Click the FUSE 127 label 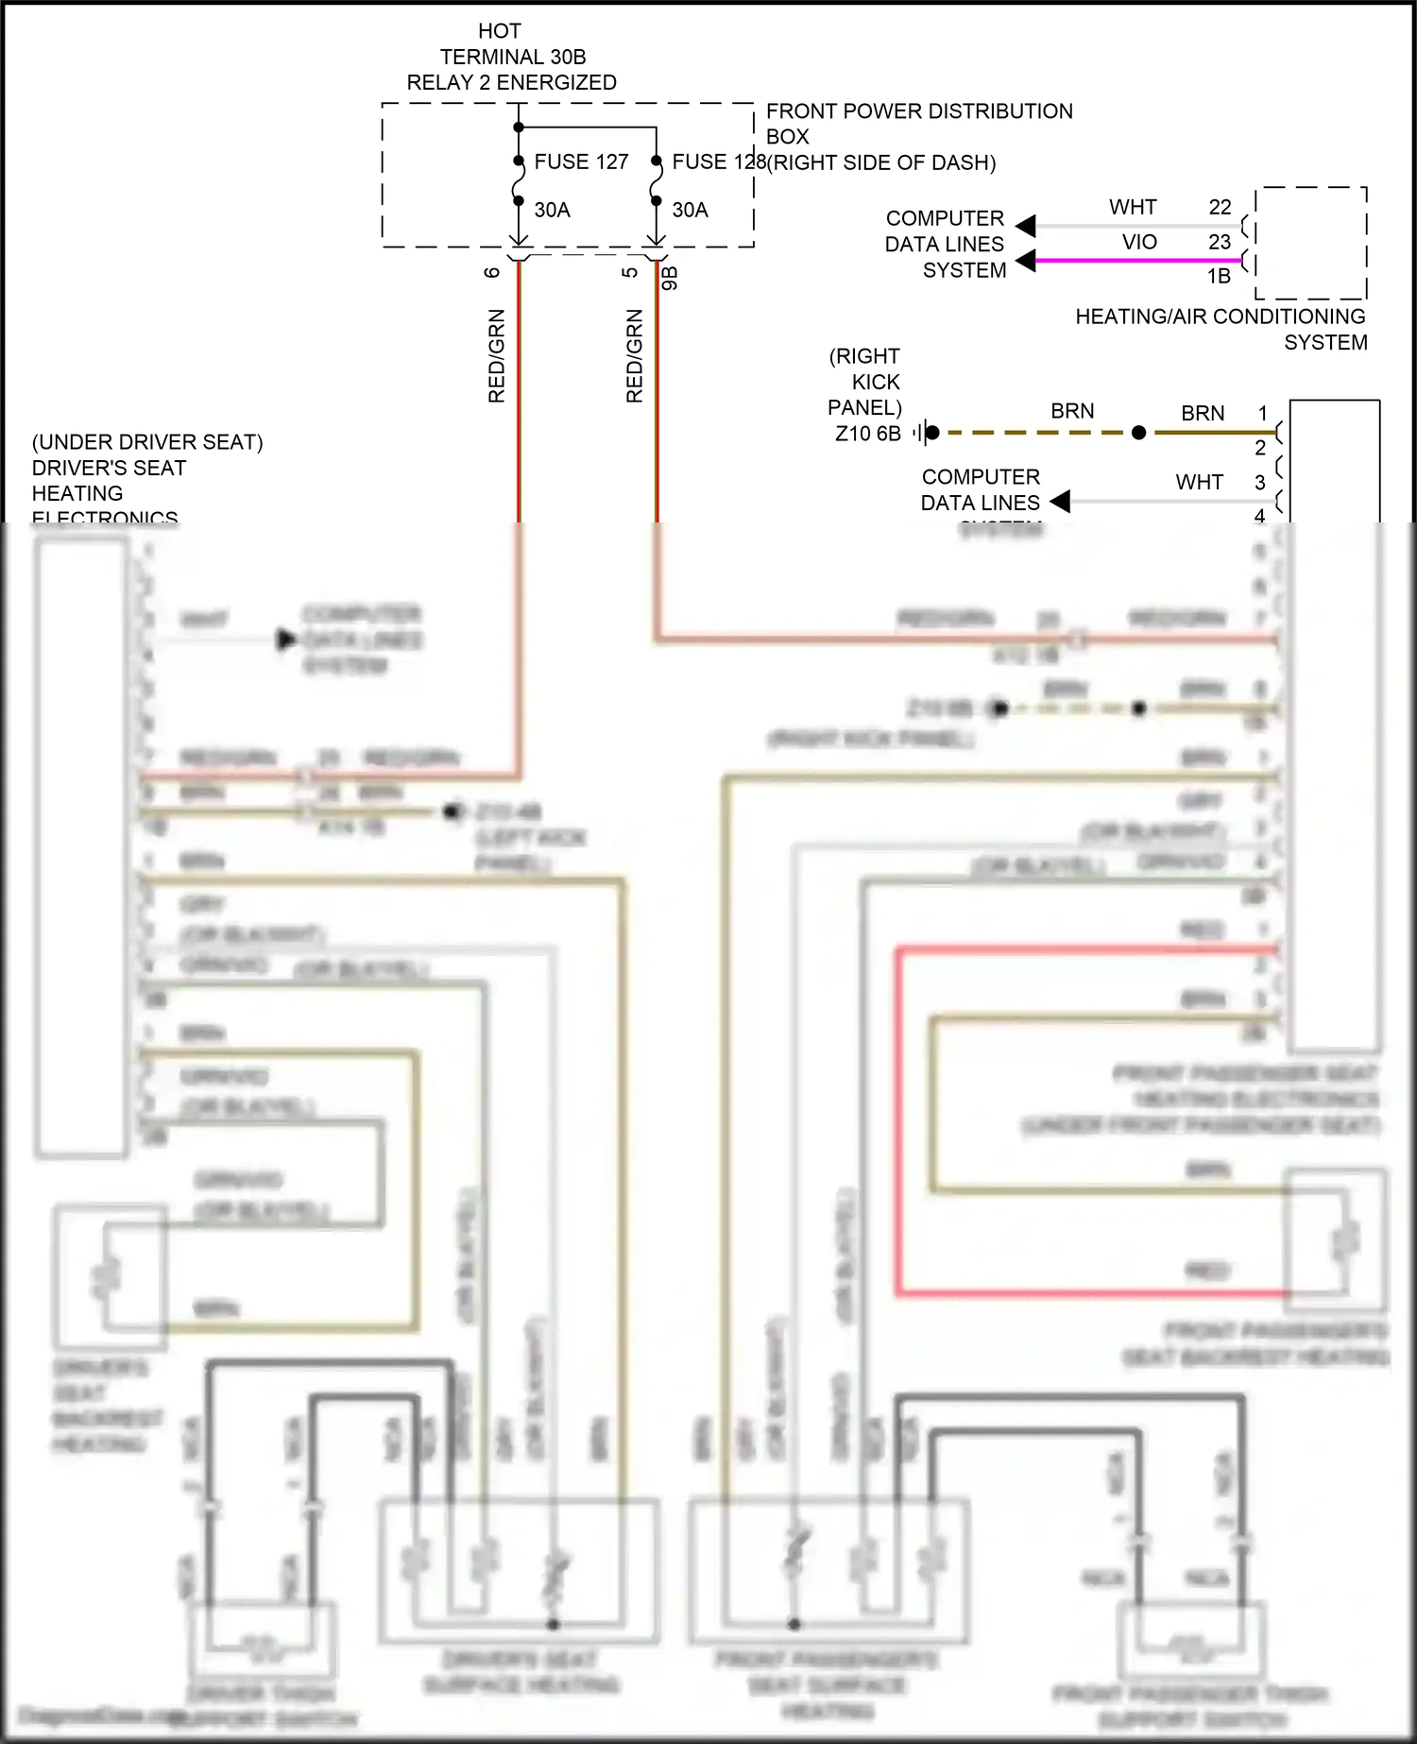coord(580,162)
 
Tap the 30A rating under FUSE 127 coord(552,210)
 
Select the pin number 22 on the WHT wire coord(1220,207)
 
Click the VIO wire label coord(1139,242)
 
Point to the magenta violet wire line coord(1134,260)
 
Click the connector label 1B coord(1219,276)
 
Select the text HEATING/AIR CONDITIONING coord(1220,316)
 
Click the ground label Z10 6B coord(867,434)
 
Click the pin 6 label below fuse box coord(491,272)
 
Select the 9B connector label coord(670,278)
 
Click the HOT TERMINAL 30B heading coord(512,57)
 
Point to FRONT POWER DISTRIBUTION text coord(918,111)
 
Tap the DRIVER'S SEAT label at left coord(109,468)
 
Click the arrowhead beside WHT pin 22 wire coord(1026,226)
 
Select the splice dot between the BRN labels coord(1138,433)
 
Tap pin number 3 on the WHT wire coord(1259,482)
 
